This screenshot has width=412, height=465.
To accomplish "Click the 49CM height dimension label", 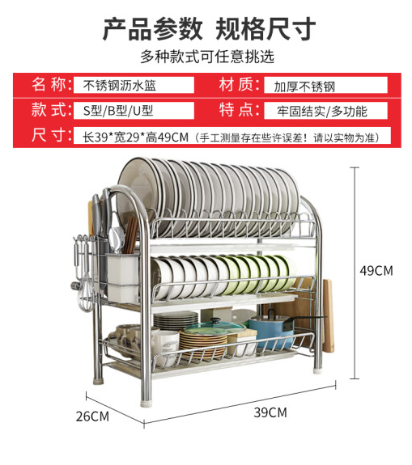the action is click(x=376, y=271).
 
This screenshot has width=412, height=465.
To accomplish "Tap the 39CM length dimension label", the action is click(x=270, y=412).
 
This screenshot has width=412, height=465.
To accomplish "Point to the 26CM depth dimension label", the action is click(x=92, y=416).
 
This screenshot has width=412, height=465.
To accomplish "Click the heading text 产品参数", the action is click(x=152, y=29).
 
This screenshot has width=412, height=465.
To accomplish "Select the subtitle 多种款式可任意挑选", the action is click(x=207, y=57).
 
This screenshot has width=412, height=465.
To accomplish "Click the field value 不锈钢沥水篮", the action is click(x=119, y=86).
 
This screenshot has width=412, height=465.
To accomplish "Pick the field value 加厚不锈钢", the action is click(x=304, y=87).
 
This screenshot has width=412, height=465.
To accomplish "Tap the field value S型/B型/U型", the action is click(x=118, y=111).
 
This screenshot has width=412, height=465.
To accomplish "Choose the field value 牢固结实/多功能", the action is click(x=322, y=112).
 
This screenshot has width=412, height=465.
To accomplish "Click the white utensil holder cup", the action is click(x=123, y=277).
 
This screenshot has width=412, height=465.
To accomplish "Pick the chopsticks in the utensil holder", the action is click(x=130, y=235).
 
